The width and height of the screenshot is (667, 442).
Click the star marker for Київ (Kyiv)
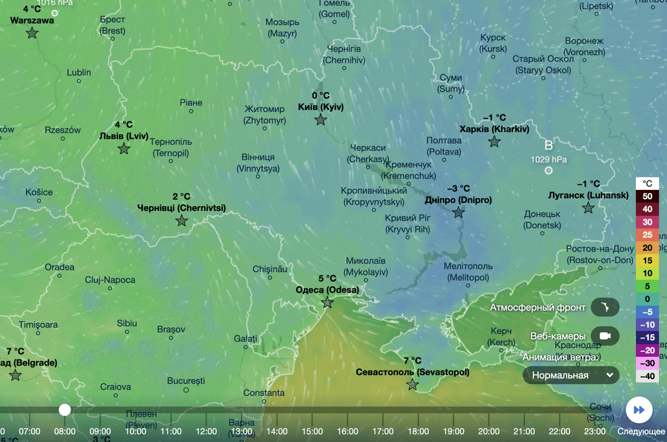coord(321,120)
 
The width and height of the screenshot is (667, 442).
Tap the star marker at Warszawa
coord(32,33)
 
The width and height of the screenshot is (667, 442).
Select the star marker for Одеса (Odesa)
coord(327,302)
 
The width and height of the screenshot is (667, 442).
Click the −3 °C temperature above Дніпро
coord(458,188)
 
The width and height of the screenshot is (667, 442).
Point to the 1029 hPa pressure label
coord(548,159)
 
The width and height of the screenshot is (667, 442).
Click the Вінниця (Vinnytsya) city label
coord(258,163)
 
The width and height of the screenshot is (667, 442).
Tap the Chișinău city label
coord(269,269)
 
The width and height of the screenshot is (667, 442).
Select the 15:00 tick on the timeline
coord(312,431)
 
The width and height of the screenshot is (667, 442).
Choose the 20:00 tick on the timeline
coord(489,431)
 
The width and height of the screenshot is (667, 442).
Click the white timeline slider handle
coord(65,410)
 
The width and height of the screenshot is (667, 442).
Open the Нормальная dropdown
coord(571,375)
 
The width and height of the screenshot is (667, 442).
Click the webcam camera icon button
coord(605,336)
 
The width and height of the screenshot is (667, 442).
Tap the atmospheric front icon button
coord(605,307)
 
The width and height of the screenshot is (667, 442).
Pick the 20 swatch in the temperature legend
coord(647,247)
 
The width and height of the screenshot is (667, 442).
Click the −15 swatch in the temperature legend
coord(647,337)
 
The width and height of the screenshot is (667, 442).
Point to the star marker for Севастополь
coord(413,384)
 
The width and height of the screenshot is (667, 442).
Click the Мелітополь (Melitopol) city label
coord(468,272)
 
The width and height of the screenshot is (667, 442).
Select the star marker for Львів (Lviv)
coord(124,148)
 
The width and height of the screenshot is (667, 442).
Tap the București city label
coord(186,381)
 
